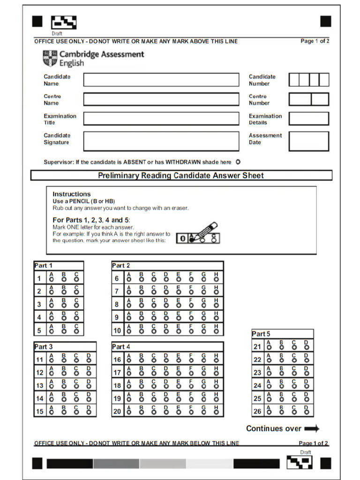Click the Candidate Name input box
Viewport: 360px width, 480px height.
(x=161, y=80)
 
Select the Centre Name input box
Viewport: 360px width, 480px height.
(x=161, y=99)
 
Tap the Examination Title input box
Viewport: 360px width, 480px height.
(x=161, y=119)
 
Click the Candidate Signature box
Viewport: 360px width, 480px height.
(x=161, y=141)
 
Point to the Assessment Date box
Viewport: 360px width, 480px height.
(x=308, y=141)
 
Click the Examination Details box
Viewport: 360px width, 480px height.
(x=308, y=119)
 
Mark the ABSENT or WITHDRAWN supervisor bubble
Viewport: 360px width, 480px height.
(x=238, y=162)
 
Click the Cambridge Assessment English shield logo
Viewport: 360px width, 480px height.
(x=50, y=59)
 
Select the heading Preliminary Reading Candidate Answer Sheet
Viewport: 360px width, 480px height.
(x=181, y=176)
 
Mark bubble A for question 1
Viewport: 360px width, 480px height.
(x=51, y=280)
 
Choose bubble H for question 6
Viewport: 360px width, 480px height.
(x=216, y=280)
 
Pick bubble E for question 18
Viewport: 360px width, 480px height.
(x=178, y=387)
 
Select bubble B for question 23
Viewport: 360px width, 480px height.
(x=281, y=374)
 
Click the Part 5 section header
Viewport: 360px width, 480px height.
(x=261, y=334)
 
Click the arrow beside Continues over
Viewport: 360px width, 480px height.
(x=311, y=428)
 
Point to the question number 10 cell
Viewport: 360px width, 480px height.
(x=117, y=330)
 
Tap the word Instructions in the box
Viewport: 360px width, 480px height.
(x=71, y=194)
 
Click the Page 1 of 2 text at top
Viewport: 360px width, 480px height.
(x=315, y=41)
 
